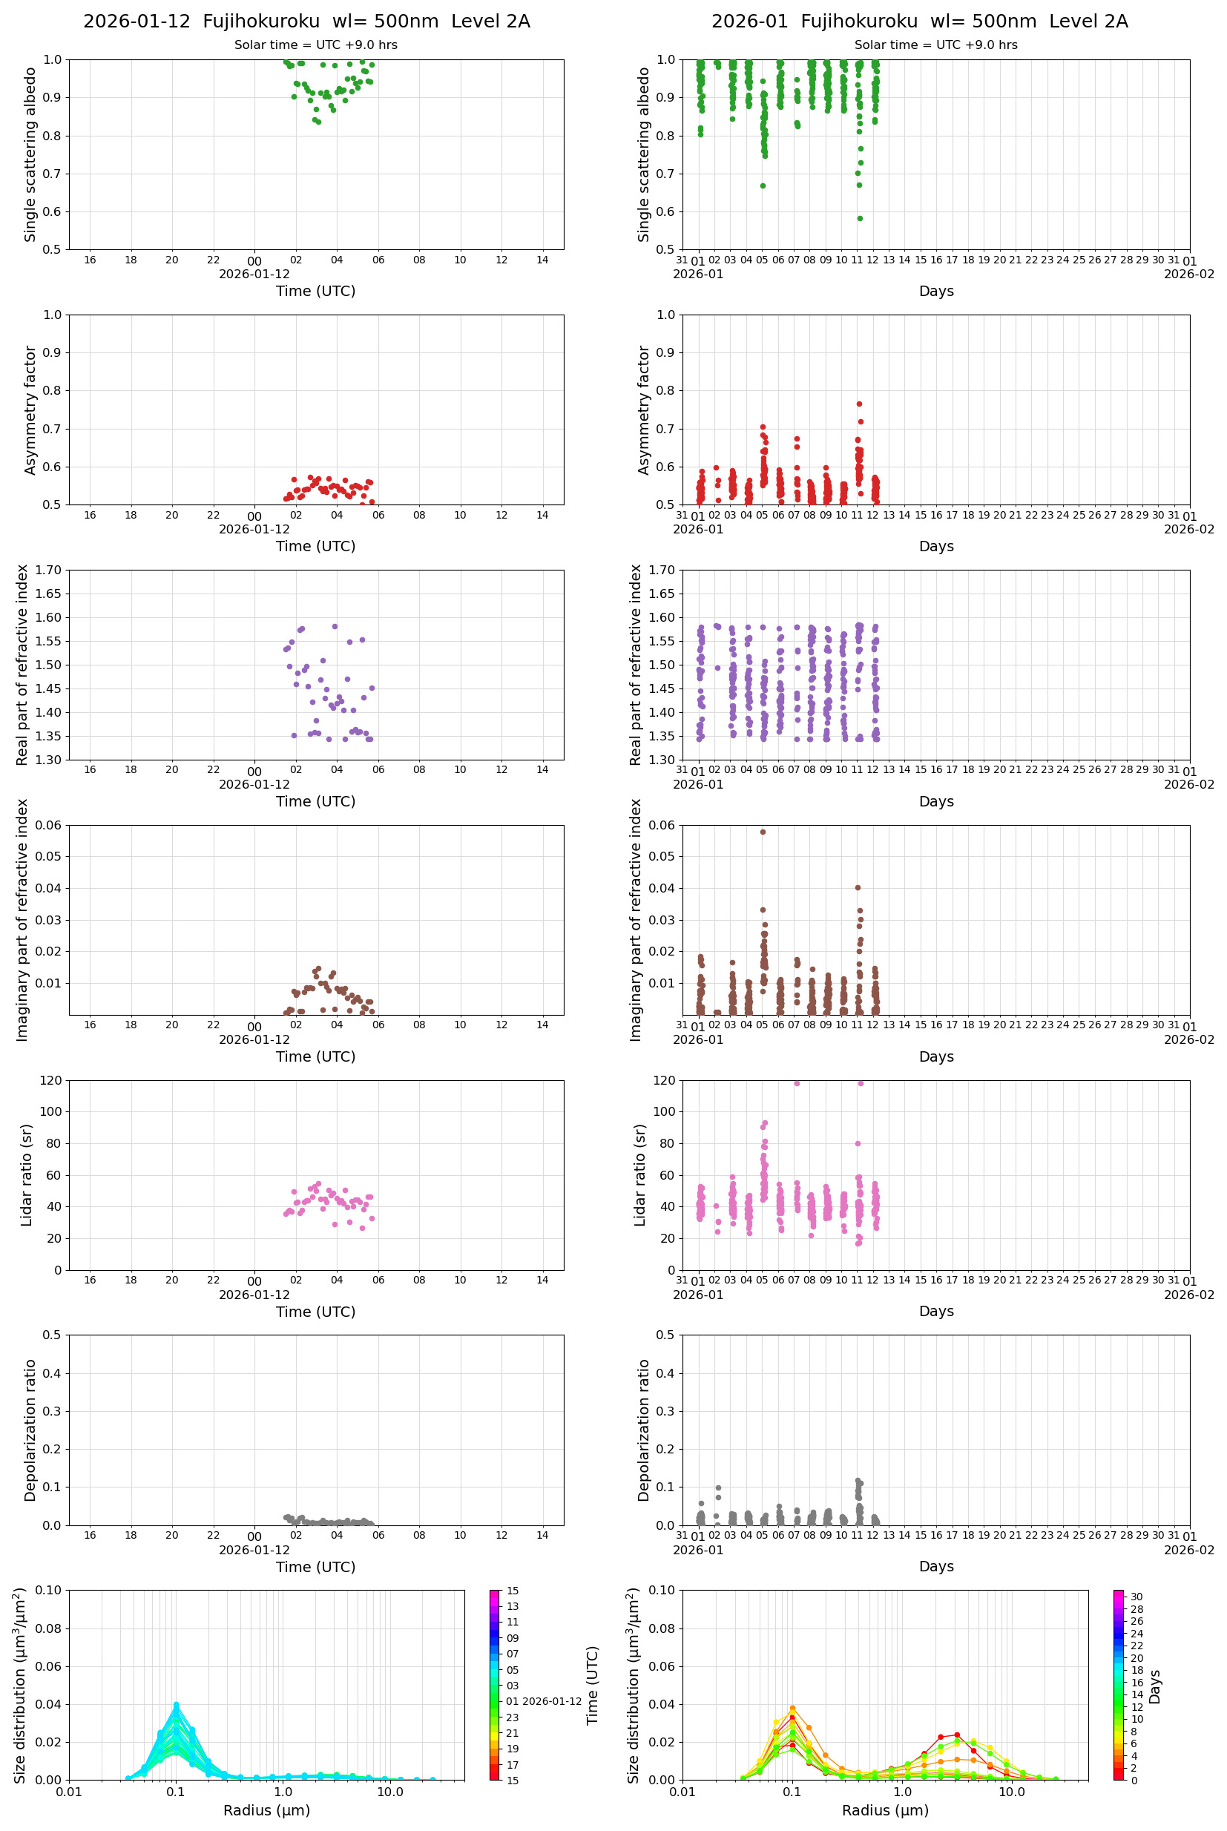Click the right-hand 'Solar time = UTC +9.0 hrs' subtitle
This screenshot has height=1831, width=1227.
tap(935, 45)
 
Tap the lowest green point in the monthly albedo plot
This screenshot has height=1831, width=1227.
tap(860, 218)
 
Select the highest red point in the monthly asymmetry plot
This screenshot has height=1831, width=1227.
tap(859, 404)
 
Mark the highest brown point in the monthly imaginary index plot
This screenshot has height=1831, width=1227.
tap(763, 832)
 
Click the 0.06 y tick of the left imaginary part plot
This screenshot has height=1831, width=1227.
tap(49, 825)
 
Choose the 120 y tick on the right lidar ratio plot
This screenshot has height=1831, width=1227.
tap(665, 1081)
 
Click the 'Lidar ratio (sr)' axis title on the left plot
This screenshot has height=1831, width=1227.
tap(27, 1175)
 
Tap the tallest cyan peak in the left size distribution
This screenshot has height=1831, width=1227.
tap(176, 1704)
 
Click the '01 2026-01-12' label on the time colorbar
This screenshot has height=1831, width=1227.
tap(543, 1701)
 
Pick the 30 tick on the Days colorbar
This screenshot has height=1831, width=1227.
tap(1136, 1597)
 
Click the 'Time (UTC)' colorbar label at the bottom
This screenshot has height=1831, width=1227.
tap(593, 1686)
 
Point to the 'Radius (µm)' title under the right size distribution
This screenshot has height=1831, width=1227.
tap(885, 1811)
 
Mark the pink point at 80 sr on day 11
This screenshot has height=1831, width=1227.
tap(858, 1144)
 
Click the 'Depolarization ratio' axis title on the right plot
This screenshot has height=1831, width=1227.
tap(643, 1430)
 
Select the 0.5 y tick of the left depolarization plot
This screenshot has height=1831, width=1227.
tap(52, 1335)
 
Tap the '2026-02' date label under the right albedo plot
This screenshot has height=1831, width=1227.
tap(1188, 274)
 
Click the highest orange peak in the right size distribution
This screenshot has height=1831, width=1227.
tap(793, 1708)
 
